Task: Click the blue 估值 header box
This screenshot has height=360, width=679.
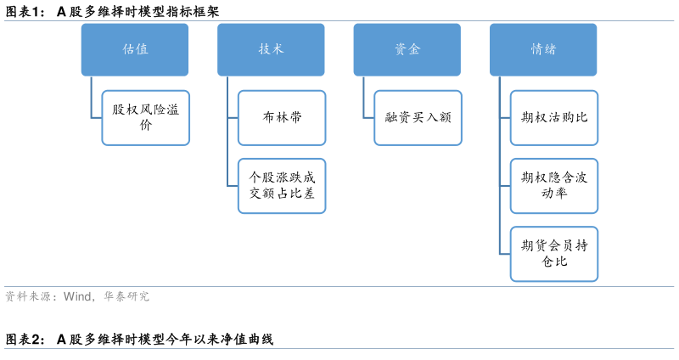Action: pyautogui.click(x=135, y=48)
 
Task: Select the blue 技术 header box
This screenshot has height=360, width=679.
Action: pyautogui.click(x=271, y=48)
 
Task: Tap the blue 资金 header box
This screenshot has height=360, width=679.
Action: pyautogui.click(x=407, y=48)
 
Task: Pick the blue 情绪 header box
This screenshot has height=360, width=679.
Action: pyautogui.click(x=543, y=48)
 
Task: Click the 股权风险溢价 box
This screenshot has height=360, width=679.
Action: pyautogui.click(x=145, y=117)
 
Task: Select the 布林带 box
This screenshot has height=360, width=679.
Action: pyautogui.click(x=282, y=117)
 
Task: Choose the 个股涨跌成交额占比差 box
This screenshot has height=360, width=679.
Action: pyautogui.click(x=282, y=186)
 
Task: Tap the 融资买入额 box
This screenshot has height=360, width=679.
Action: pyautogui.click(x=418, y=117)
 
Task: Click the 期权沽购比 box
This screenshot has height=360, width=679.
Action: pyautogui.click(x=554, y=117)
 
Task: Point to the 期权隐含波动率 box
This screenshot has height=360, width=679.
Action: pyautogui.click(x=554, y=186)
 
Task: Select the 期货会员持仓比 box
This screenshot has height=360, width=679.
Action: pyautogui.click(x=554, y=254)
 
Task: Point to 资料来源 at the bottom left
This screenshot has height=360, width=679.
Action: pyautogui.click(x=25, y=297)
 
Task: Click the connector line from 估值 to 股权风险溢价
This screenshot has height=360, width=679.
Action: pyautogui.click(x=92, y=98)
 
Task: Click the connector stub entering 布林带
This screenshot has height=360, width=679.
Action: pyautogui.click(x=233, y=117)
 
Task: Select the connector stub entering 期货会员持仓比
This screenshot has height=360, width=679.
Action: pyautogui.click(x=505, y=254)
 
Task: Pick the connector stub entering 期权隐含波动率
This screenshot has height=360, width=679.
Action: pyautogui.click(x=505, y=186)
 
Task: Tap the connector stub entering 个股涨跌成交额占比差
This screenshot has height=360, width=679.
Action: pyautogui.click(x=233, y=186)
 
